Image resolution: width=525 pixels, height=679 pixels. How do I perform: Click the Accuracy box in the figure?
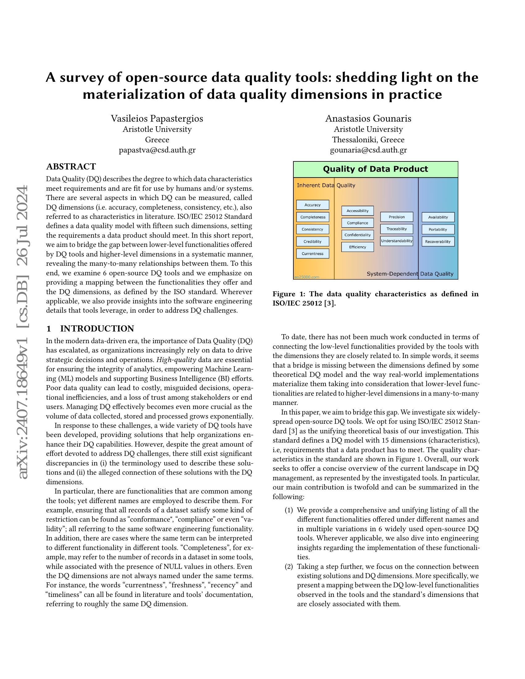coord(312,205)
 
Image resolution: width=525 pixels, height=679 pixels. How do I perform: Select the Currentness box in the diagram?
coord(312,254)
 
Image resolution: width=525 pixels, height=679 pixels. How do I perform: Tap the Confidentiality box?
coord(357,235)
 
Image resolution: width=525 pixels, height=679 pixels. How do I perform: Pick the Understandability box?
coord(397,241)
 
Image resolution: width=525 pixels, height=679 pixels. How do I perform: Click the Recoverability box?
coord(438,242)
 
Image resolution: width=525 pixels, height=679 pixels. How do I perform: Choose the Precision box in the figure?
coord(397,217)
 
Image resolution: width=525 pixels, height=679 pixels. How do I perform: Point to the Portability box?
coord(438,229)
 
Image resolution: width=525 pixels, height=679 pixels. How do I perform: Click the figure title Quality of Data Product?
coord(376,169)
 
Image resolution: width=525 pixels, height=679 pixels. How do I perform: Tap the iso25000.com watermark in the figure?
coord(307,277)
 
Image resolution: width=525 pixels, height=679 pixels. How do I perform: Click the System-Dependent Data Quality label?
coord(409,274)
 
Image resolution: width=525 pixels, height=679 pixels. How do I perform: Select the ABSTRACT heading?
coord(71,167)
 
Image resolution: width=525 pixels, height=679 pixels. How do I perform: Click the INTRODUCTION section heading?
coord(97,329)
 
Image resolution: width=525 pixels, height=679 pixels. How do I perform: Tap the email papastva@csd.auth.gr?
coord(157,150)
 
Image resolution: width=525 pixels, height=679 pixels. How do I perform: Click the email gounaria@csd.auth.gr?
coord(368,150)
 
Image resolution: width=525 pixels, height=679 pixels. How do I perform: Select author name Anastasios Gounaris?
coord(368,119)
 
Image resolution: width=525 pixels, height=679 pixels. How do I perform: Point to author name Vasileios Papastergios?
coord(157,119)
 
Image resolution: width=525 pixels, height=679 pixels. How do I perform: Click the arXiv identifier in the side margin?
coord(23,333)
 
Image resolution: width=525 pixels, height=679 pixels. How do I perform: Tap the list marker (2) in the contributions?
coord(289,566)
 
